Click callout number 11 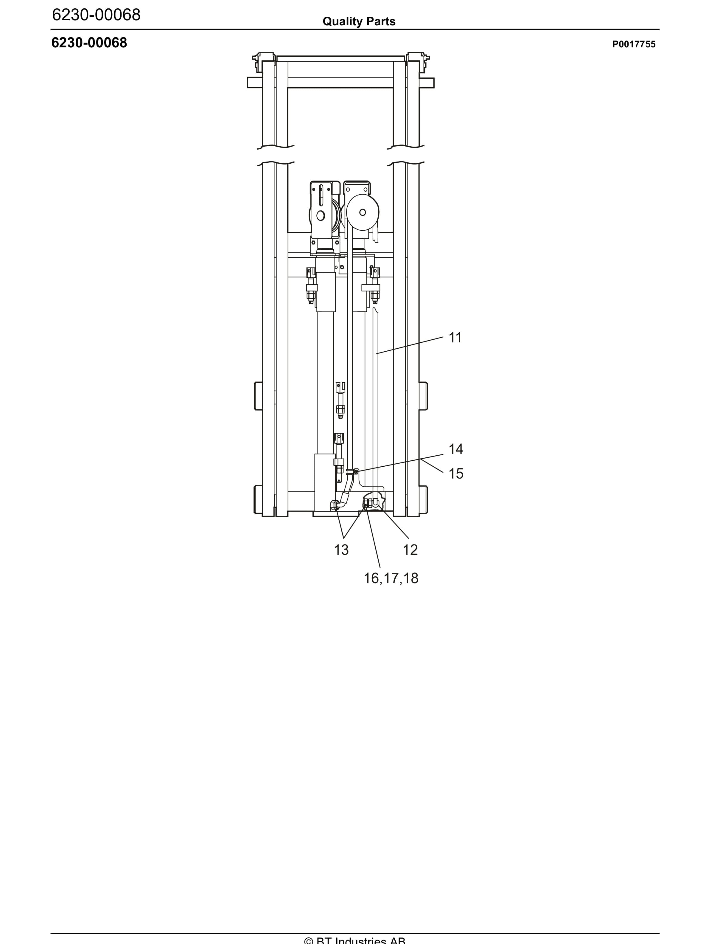455,338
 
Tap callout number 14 455,449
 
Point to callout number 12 410,550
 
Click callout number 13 341,550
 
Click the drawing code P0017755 634,44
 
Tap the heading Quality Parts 358,21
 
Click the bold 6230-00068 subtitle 89,43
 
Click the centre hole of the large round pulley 362,212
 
